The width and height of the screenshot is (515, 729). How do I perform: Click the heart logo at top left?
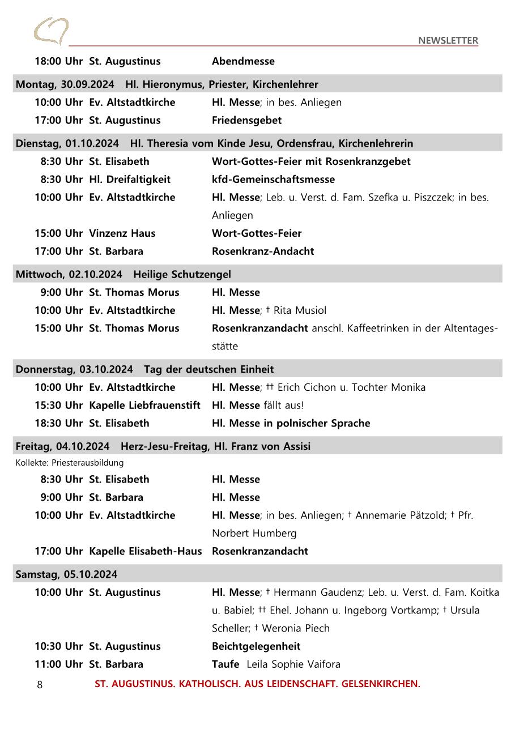click(x=51, y=31)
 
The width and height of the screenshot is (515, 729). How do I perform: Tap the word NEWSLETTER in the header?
click(x=448, y=40)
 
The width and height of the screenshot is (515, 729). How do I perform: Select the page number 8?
click(x=40, y=685)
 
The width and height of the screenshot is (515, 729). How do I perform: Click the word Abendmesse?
click(x=243, y=61)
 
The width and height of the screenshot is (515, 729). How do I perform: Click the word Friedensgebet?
click(x=246, y=120)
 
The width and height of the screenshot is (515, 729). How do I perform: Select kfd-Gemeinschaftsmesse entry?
click(x=273, y=180)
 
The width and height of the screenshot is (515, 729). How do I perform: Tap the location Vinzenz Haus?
click(x=122, y=233)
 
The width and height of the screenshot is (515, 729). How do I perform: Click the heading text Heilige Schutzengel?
click(x=182, y=275)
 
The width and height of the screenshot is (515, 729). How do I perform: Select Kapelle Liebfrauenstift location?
click(x=144, y=406)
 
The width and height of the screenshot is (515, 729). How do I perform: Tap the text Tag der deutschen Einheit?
click(x=208, y=369)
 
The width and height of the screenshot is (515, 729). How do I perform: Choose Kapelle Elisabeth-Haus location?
click(x=145, y=551)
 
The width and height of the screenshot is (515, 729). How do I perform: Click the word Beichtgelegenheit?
click(x=256, y=646)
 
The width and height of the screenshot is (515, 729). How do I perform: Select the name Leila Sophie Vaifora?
click(x=293, y=664)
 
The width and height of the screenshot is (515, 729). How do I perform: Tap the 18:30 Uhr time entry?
click(x=58, y=424)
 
